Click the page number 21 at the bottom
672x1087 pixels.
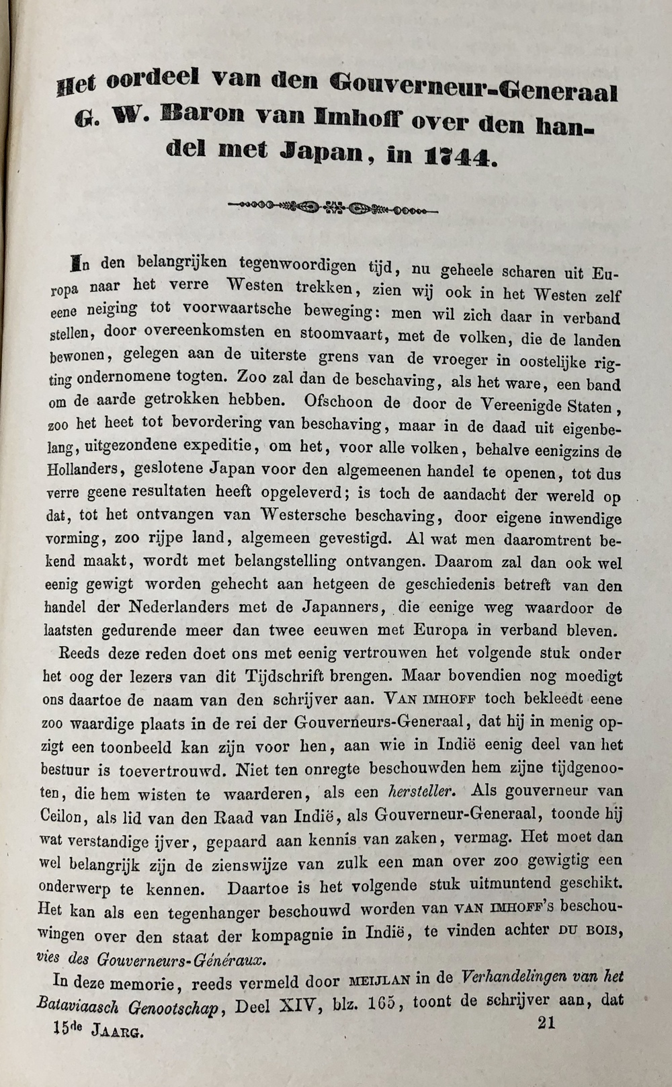click(546, 1022)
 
